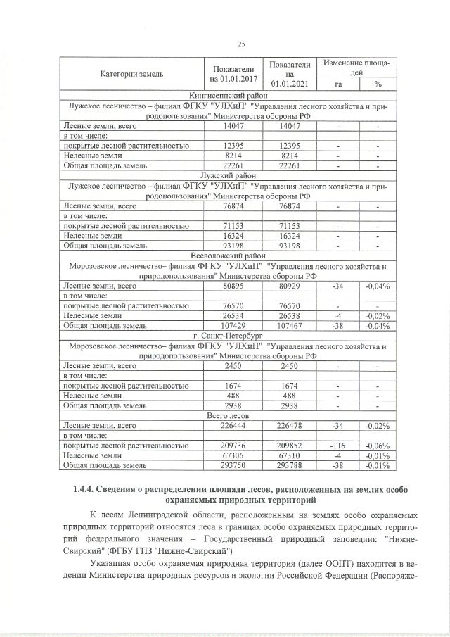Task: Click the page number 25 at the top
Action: (x=240, y=44)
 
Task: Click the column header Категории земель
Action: (x=131, y=73)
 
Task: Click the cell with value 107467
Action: (x=289, y=326)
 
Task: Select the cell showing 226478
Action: (x=289, y=426)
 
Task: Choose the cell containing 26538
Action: (x=289, y=316)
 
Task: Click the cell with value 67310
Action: (x=289, y=455)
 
